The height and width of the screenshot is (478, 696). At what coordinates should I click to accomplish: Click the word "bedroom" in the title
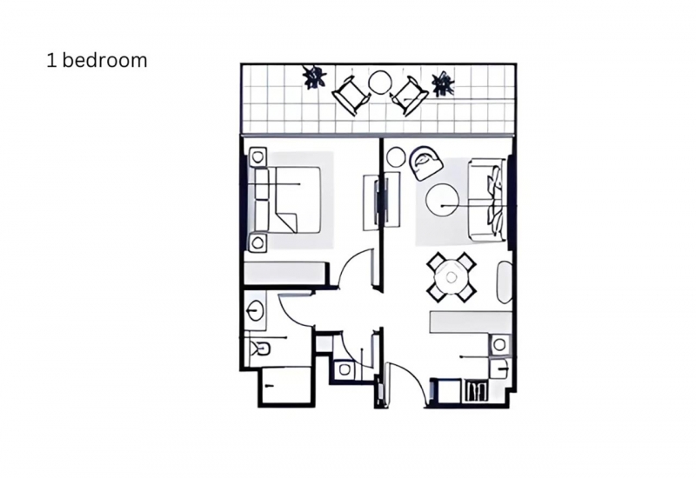pos(104,60)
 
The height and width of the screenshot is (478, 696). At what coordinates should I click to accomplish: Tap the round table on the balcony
pos(380,83)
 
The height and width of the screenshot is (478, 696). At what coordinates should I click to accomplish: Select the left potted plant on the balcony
pos(315,76)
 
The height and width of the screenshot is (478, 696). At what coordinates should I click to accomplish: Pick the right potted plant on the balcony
pos(443,83)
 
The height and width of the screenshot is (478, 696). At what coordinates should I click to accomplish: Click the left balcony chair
pos(351,96)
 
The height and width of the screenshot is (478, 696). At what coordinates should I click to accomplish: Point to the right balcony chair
pos(409,96)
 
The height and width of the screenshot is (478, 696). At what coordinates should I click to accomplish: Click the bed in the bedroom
pos(287,200)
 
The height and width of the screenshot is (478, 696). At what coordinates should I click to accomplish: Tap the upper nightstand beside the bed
pos(258,157)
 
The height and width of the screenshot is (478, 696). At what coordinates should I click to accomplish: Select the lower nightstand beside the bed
pos(258,242)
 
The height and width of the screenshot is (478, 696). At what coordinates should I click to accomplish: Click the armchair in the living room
pos(425,163)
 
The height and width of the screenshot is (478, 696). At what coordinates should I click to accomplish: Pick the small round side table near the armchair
pos(396,157)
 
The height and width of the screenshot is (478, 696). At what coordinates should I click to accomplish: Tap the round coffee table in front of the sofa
pos(443,201)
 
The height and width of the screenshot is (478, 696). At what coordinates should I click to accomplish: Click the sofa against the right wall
pos(487,201)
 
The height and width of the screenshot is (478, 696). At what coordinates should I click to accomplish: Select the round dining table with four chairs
pos(452,277)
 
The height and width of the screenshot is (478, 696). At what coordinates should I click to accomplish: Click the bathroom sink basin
pos(255,309)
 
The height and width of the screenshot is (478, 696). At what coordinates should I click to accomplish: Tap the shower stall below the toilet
pos(287,386)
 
